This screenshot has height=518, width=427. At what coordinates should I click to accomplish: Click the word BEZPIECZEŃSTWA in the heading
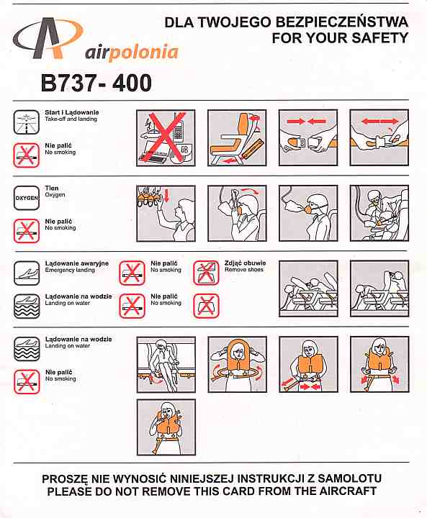pos(341,22)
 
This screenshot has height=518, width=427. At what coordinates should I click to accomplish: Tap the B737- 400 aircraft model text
pos(96,83)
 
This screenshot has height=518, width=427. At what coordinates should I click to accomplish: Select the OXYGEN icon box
pos(27,198)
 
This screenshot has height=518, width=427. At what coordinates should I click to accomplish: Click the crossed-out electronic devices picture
pos(166,137)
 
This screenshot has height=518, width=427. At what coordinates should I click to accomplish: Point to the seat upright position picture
pos(237,137)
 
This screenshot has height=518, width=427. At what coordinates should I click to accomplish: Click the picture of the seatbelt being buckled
pos(308,137)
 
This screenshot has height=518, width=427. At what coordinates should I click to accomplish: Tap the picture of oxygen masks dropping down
pos(166,214)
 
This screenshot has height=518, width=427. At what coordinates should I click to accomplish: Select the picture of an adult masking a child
pos(379,214)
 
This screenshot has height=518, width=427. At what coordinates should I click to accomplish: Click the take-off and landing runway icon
pos(27,122)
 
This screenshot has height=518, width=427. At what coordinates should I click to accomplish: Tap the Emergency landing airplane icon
pos(27,273)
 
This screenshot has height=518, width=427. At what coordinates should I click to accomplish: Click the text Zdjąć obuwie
pos(245,263)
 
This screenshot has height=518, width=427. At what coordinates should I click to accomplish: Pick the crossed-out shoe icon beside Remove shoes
pos(206,273)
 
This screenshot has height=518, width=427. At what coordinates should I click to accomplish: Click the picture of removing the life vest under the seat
pos(166,365)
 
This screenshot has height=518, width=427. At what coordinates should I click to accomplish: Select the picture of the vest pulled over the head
pos(237,365)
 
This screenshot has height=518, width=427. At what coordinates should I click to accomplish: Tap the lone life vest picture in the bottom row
pos(166,427)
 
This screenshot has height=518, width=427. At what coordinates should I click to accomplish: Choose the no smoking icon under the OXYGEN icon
pos(27,231)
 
